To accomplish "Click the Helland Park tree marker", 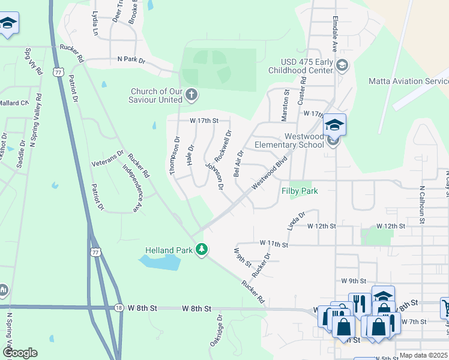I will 203,249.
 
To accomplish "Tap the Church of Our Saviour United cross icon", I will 191,94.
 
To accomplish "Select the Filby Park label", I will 299,191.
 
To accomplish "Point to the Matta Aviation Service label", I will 408,81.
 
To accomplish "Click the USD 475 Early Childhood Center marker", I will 342,65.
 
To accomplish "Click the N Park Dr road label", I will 131,59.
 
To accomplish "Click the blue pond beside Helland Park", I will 160,262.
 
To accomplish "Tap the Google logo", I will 20,353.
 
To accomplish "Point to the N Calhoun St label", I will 422,204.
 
